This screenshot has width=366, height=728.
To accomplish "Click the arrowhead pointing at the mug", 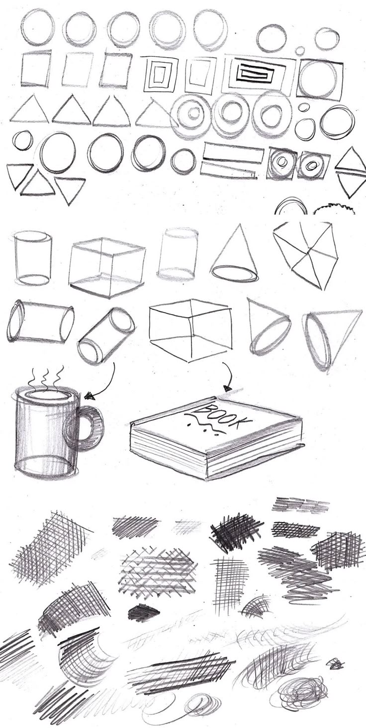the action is [89, 396].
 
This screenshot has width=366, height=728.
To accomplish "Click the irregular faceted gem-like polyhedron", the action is [306, 255].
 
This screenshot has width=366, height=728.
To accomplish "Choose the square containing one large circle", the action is [320, 79].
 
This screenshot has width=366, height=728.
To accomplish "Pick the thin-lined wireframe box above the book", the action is [191, 330].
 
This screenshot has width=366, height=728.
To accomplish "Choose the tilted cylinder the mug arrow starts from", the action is [106, 336].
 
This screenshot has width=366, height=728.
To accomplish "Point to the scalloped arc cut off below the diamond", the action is [334, 208].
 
